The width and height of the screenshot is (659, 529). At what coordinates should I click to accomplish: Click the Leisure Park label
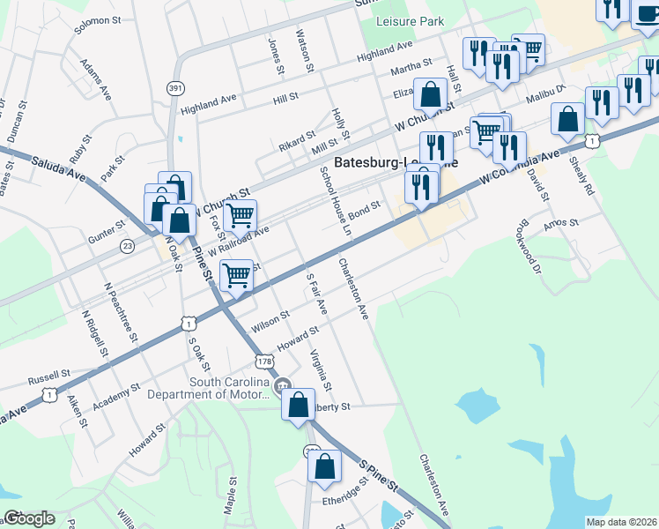[410, 21]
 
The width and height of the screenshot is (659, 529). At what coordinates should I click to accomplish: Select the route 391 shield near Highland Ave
[175, 88]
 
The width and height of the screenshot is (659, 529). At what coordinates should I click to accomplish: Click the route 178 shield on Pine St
[263, 361]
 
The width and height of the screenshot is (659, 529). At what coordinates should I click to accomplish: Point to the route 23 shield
[128, 246]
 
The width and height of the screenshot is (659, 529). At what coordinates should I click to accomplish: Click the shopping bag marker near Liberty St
[299, 405]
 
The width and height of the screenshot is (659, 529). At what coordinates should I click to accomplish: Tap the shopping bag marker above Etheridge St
[325, 466]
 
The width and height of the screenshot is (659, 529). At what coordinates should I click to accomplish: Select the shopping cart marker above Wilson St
[236, 276]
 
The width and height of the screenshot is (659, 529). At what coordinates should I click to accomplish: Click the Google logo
[29, 518]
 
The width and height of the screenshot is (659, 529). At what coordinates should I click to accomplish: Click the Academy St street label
[116, 393]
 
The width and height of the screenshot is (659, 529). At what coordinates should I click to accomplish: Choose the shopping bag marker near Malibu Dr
[568, 118]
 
